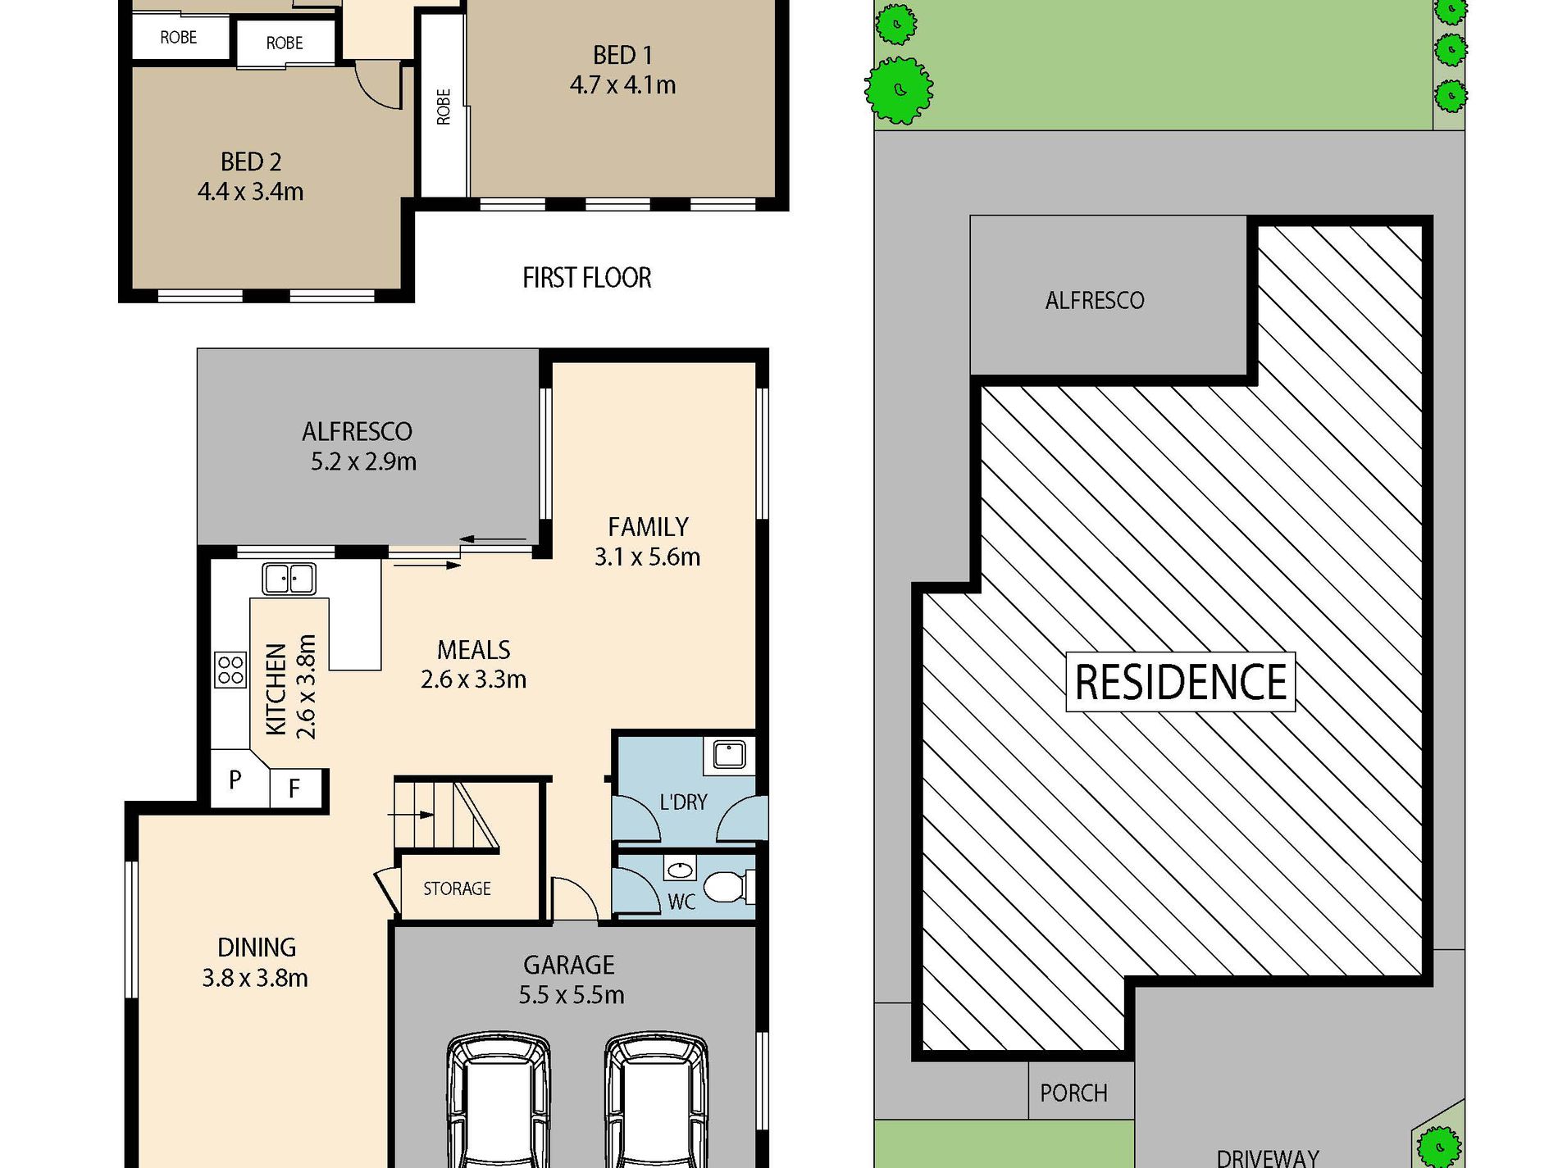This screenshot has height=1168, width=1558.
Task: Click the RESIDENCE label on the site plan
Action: tap(1180, 682)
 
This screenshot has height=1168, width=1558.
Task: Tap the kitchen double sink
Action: tap(289, 579)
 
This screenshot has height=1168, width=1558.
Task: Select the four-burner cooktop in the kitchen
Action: tap(230, 670)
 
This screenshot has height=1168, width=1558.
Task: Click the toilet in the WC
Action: tap(726, 887)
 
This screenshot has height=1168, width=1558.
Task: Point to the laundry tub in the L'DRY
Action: tap(729, 754)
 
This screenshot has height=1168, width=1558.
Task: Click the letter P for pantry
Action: tap(235, 779)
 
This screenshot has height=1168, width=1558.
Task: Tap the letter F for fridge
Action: tap(294, 789)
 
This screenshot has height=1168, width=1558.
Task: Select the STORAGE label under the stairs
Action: tap(457, 888)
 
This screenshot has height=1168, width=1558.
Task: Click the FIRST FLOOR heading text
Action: tap(586, 278)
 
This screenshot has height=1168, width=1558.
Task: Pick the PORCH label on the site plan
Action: tap(1073, 1093)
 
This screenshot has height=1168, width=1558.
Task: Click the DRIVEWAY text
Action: tap(1267, 1157)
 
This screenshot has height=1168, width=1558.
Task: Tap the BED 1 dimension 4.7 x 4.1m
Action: tap(622, 85)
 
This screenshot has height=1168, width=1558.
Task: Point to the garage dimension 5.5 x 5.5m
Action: tap(571, 995)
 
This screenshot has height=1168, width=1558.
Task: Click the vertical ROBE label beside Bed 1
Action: tap(444, 107)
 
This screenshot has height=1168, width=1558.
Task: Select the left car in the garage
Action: tap(498, 1098)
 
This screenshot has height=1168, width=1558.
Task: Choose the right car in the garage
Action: tap(656, 1098)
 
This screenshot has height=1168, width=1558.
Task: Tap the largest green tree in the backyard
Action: tap(900, 89)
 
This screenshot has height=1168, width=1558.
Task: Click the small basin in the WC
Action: tap(679, 869)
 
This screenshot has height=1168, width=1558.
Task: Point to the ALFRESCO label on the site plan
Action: tap(1094, 301)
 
